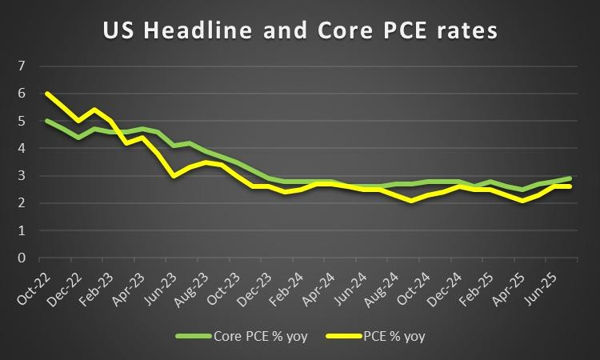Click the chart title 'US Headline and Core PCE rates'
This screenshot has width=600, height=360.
click(300, 31)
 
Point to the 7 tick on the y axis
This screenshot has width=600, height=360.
click(22, 66)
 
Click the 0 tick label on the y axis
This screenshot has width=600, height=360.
click(22, 258)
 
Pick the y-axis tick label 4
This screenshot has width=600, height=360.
click(22, 149)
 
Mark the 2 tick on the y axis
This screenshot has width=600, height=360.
click(22, 203)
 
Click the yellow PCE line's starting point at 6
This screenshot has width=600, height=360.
click(46, 94)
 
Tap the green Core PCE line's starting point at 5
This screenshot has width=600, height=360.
click(46, 121)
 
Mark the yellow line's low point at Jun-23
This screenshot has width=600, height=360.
click(175, 176)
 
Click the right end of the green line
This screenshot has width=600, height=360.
click(569, 178)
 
